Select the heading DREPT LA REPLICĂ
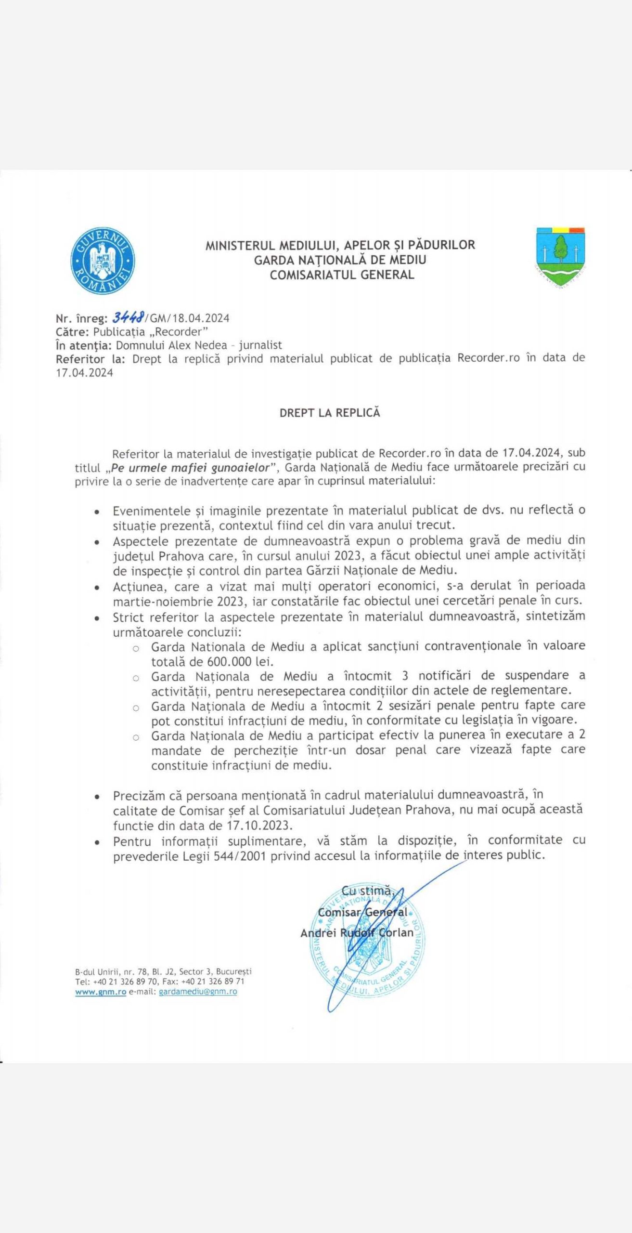330,413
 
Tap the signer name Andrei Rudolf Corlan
357,933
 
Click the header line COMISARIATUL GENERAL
342,275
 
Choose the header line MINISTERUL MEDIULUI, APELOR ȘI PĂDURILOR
340,245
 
